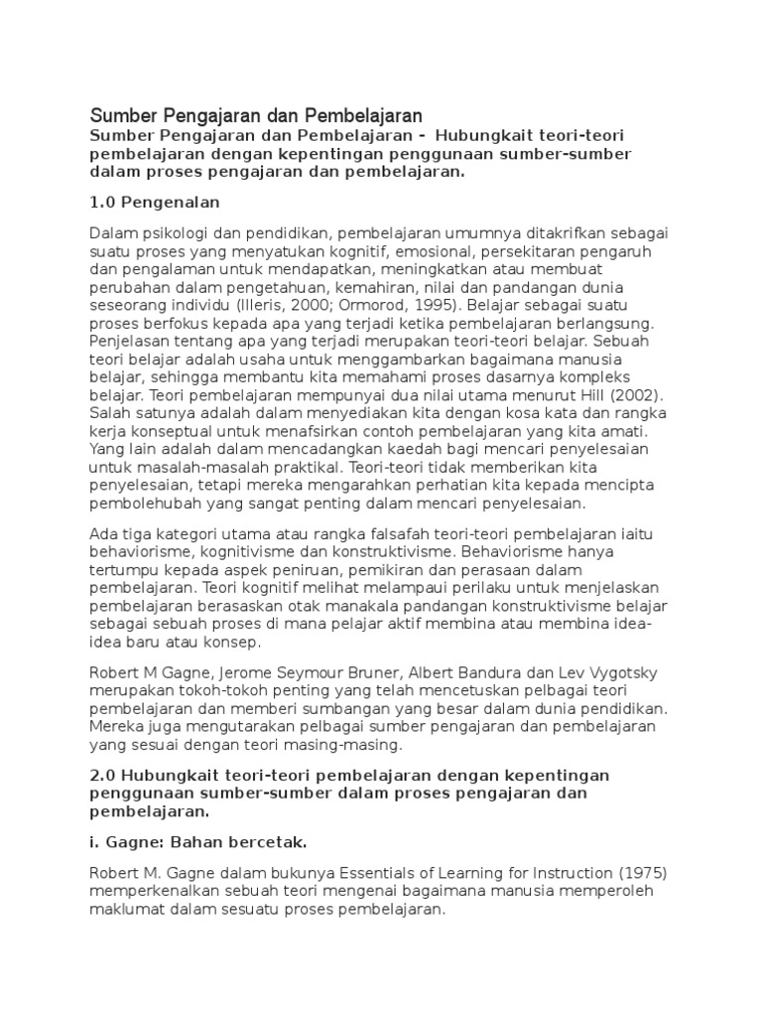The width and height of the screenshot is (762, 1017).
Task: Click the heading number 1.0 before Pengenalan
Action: coord(103,202)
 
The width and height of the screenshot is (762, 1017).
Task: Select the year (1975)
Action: coord(641,875)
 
